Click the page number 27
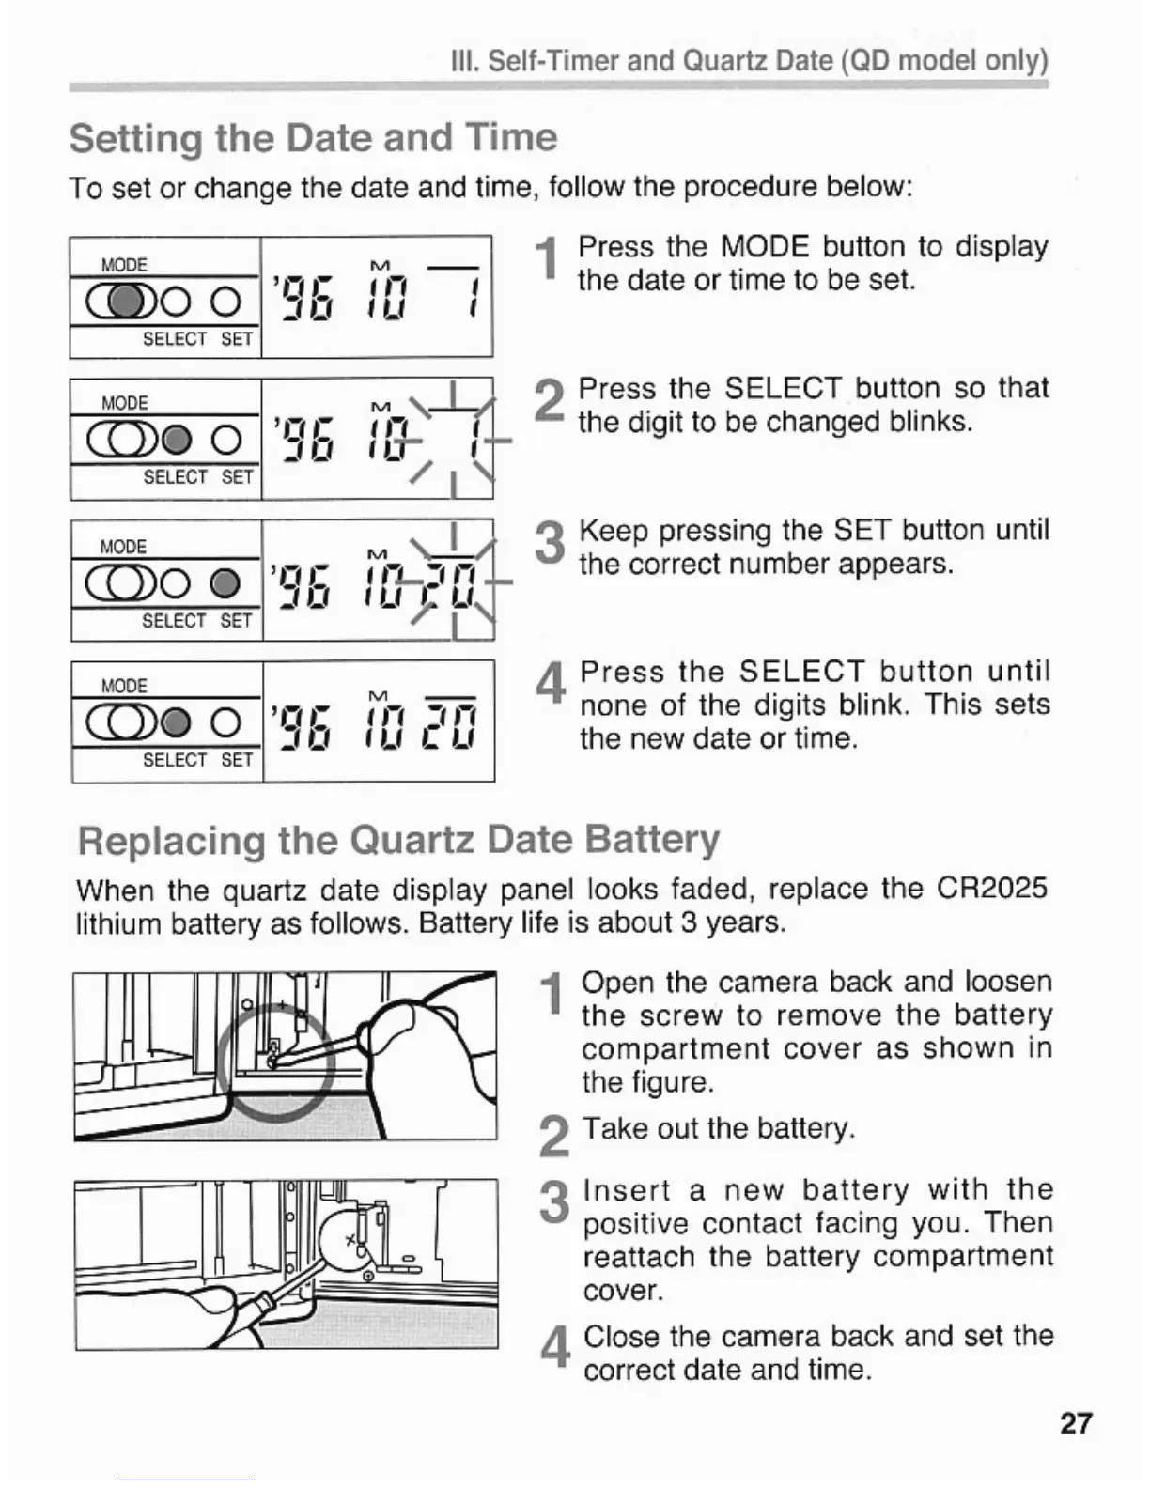pyautogui.click(x=1076, y=1423)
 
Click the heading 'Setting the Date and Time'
pyautogui.click(x=313, y=138)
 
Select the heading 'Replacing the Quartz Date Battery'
pyautogui.click(x=398, y=839)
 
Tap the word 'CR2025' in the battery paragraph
pyautogui.click(x=991, y=888)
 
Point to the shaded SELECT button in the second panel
pyautogui.click(x=178, y=439)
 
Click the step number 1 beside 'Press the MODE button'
pyautogui.click(x=547, y=260)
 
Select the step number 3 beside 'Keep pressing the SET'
pyautogui.click(x=550, y=544)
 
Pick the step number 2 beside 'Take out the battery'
pyautogui.click(x=554, y=1137)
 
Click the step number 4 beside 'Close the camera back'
pyautogui.click(x=556, y=1349)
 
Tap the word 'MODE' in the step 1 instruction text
pyautogui.click(x=764, y=247)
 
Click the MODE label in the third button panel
pyautogui.click(x=123, y=547)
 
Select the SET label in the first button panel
pyautogui.click(x=237, y=339)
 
